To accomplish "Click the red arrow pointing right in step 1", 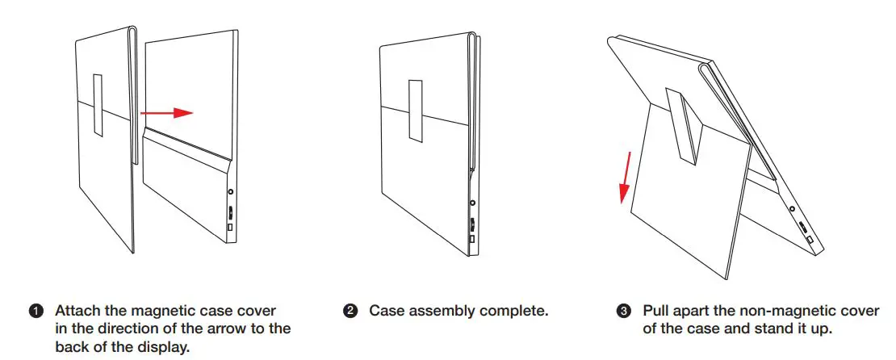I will (x=167, y=113).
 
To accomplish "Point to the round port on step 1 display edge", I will (x=232, y=193).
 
